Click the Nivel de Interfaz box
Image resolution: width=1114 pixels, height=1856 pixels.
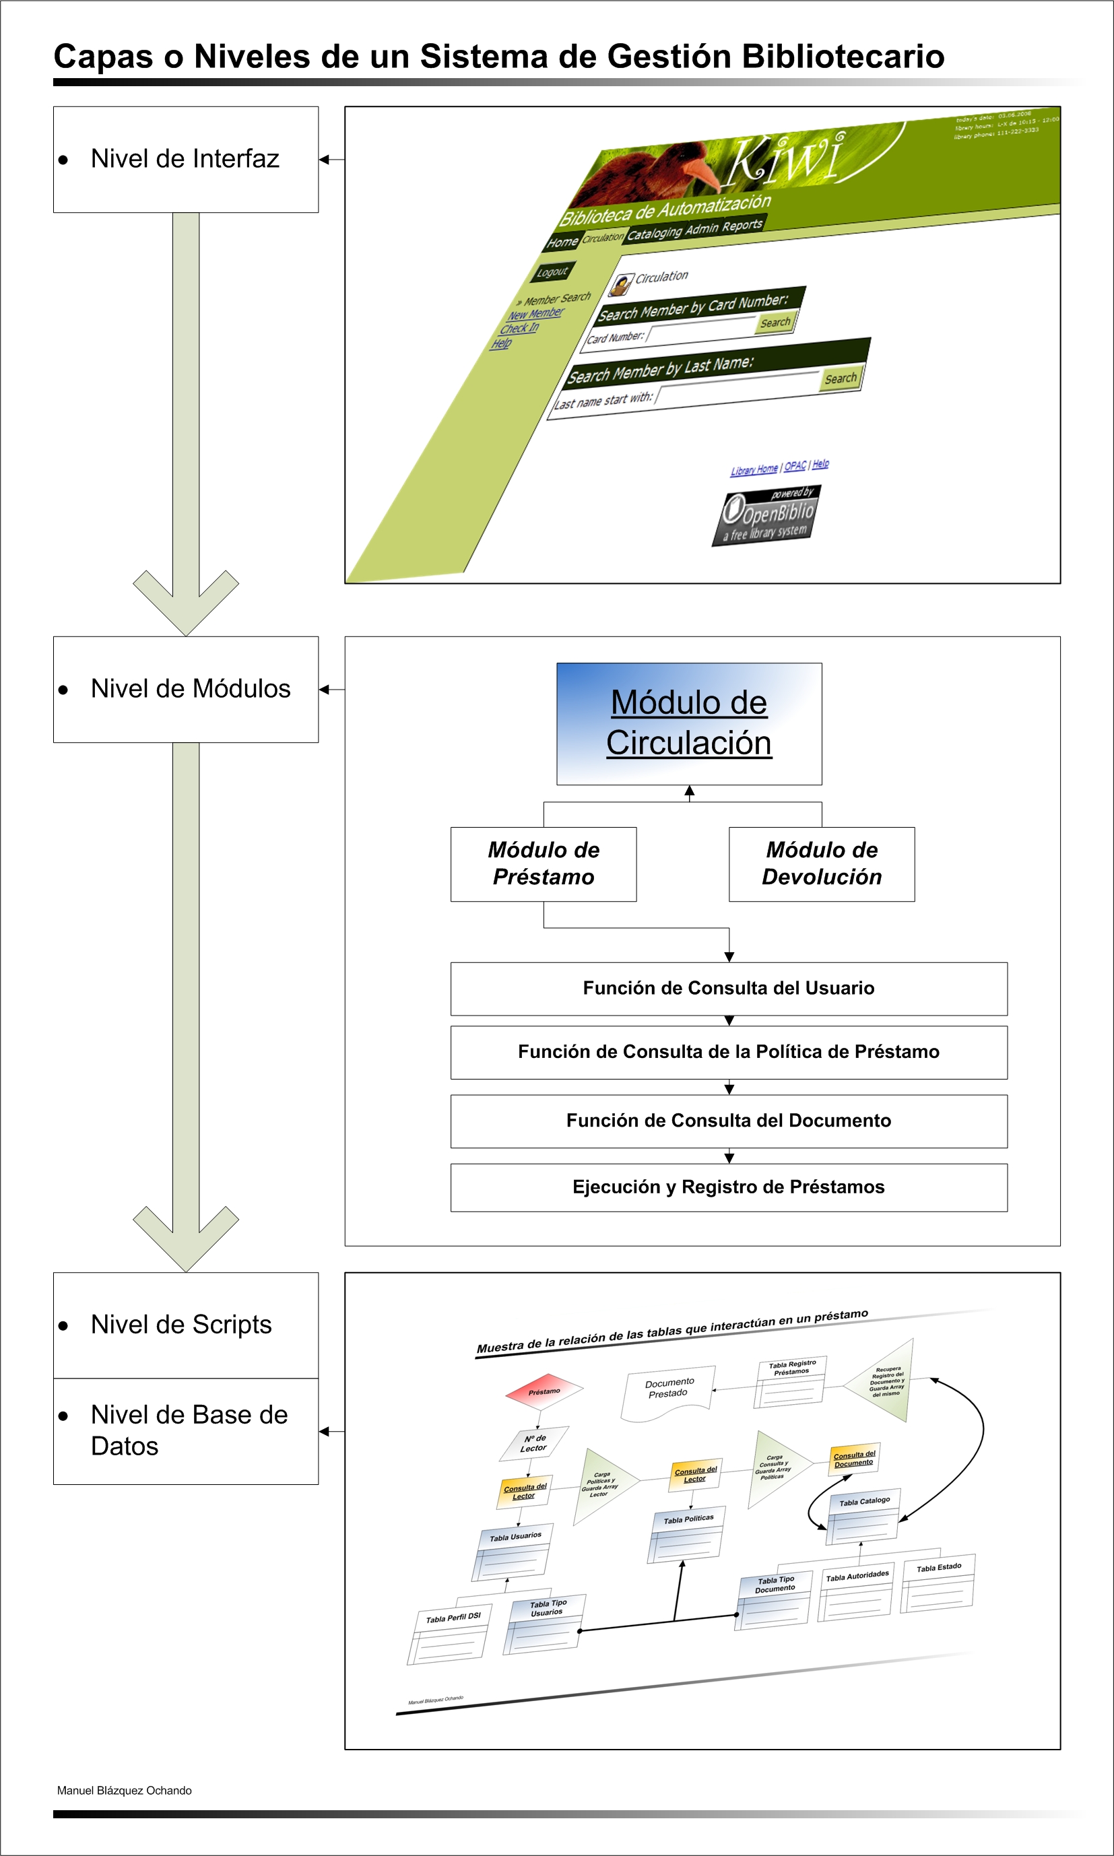coord(185,159)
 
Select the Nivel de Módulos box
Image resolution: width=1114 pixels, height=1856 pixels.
coord(185,689)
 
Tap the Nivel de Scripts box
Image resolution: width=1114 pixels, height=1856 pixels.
coord(185,1325)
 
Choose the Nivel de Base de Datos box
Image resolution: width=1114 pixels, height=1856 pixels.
coord(185,1430)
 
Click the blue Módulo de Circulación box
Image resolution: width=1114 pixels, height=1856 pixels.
coord(688,723)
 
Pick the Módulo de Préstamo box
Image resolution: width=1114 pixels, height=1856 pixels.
coord(544,864)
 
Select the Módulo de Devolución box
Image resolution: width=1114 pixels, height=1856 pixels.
coord(821,864)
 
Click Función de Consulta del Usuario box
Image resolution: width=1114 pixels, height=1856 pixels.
coord(728,989)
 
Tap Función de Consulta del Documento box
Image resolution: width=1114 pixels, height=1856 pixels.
coord(728,1121)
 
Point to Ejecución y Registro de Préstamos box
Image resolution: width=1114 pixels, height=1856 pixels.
coord(728,1187)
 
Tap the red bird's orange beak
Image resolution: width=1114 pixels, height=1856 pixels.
coord(703,174)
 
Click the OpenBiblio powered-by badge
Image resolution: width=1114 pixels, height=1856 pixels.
coord(766,516)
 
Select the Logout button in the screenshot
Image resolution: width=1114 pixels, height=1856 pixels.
coord(552,271)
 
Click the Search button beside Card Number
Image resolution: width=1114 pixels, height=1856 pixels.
coord(775,323)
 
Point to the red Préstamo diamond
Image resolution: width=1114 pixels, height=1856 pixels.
coord(544,1391)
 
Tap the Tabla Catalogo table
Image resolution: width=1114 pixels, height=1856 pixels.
coord(864,1516)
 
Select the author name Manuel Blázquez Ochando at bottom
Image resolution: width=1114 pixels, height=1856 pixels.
coord(125,1790)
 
